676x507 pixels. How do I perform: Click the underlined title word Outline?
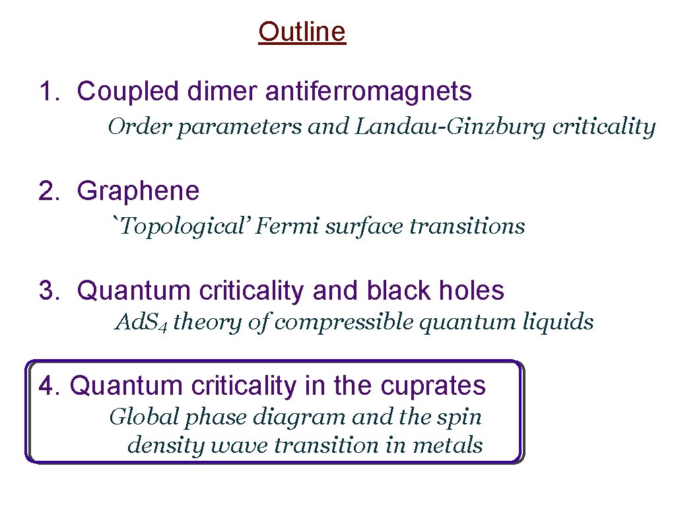(302, 32)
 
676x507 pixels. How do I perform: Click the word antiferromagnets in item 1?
(368, 92)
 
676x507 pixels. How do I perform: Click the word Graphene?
(138, 191)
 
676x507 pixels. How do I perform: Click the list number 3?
(46, 290)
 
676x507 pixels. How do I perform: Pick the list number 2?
(46, 191)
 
